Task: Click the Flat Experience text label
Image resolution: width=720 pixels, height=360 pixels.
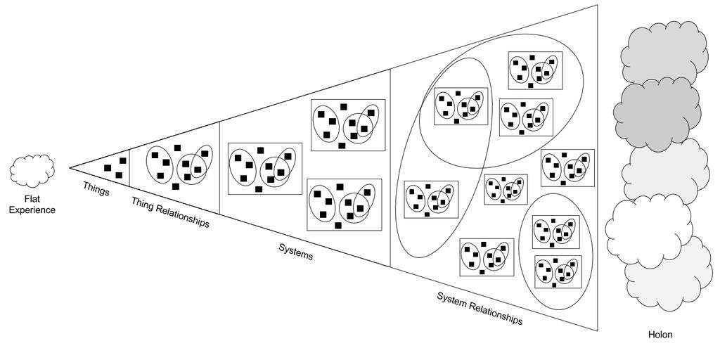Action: point(32,204)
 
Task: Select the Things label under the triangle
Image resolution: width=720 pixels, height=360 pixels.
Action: point(96,188)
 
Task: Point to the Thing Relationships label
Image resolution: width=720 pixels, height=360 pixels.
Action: point(171,212)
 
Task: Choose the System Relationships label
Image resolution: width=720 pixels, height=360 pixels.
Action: point(480,307)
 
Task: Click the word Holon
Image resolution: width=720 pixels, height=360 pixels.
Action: point(660,335)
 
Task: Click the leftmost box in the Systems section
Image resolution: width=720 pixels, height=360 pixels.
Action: point(265,168)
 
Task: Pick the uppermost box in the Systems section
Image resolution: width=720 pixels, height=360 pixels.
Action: point(348,124)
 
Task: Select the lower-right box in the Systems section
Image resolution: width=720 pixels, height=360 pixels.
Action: point(345,204)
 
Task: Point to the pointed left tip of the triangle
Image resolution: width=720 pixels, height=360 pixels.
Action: point(70,168)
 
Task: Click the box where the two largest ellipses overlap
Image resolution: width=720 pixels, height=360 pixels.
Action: point(460,107)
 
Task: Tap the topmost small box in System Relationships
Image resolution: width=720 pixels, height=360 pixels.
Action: point(536,70)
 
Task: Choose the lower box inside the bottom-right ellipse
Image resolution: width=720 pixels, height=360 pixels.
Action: point(558,271)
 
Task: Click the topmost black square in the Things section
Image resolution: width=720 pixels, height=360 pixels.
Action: point(123,161)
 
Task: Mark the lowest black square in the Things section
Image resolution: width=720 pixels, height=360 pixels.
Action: point(118,175)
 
